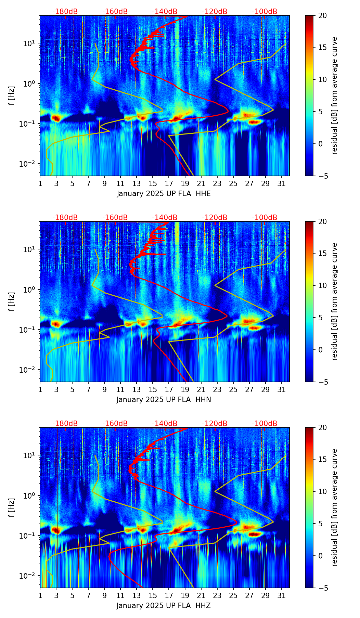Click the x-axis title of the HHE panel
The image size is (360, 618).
pyautogui.click(x=164, y=194)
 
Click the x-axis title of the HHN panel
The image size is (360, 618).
pyautogui.click(x=164, y=400)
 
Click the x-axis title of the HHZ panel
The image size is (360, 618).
pyautogui.click(x=164, y=606)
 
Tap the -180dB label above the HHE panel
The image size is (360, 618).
pyautogui.click(x=65, y=12)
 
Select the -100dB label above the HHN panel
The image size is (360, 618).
pyautogui.click(x=265, y=218)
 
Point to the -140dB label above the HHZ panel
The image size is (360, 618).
pyautogui.click(x=165, y=424)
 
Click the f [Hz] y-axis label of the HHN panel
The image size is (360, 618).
pyautogui.click(x=12, y=301)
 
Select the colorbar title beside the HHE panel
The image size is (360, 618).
pyautogui.click(x=334, y=95)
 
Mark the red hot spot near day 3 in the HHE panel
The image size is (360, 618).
pyautogui.click(x=56, y=118)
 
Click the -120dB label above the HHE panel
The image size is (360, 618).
pyautogui.click(x=215, y=12)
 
